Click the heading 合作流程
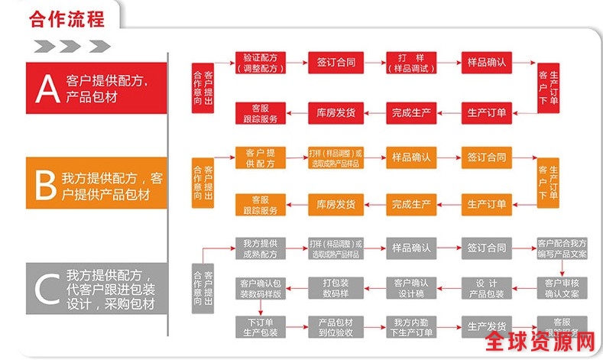[66, 18]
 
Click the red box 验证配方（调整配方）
[260, 63]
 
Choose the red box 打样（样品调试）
[410, 63]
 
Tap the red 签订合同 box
[335, 63]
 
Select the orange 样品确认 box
[410, 157]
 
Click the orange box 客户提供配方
[260, 157]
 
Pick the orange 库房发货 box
[335, 204]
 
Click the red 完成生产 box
[410, 112]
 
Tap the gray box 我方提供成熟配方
[260, 248]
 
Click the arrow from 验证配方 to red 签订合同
[297, 63]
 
